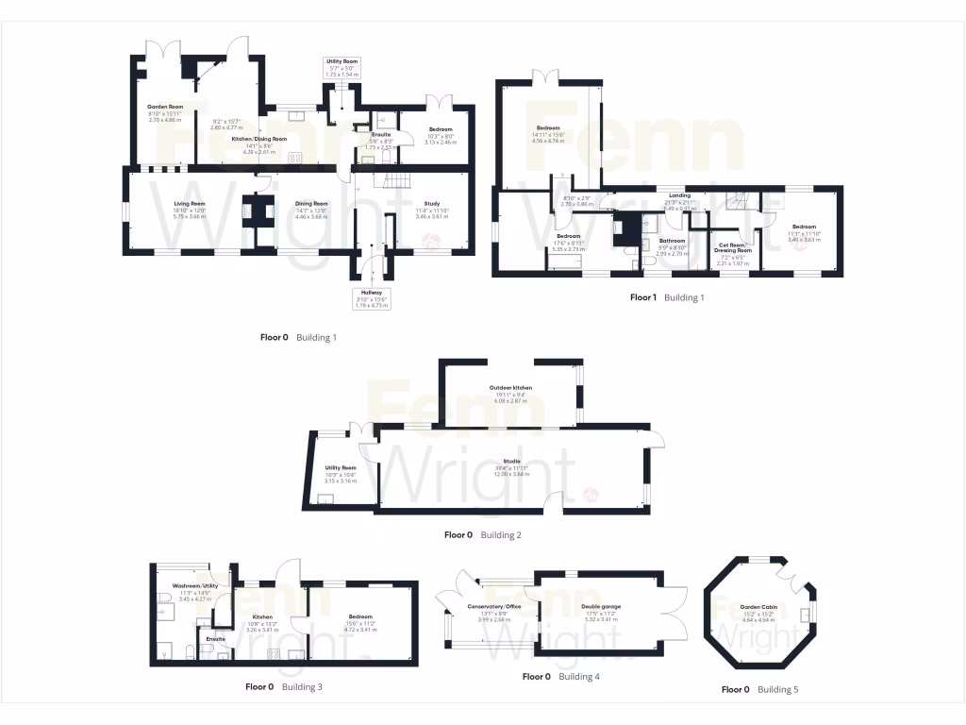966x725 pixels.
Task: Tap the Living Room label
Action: [189, 203]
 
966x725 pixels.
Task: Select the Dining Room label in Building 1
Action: [310, 203]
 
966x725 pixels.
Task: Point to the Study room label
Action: [432, 203]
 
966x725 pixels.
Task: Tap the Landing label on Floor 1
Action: [679, 195]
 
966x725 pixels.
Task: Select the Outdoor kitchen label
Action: [510, 388]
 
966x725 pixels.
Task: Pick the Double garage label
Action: [601, 607]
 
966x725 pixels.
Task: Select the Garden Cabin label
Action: [758, 607]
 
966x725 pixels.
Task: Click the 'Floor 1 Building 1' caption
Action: [667, 297]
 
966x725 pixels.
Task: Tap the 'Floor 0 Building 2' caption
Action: [482, 534]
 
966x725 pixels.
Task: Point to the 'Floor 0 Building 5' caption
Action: [759, 689]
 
